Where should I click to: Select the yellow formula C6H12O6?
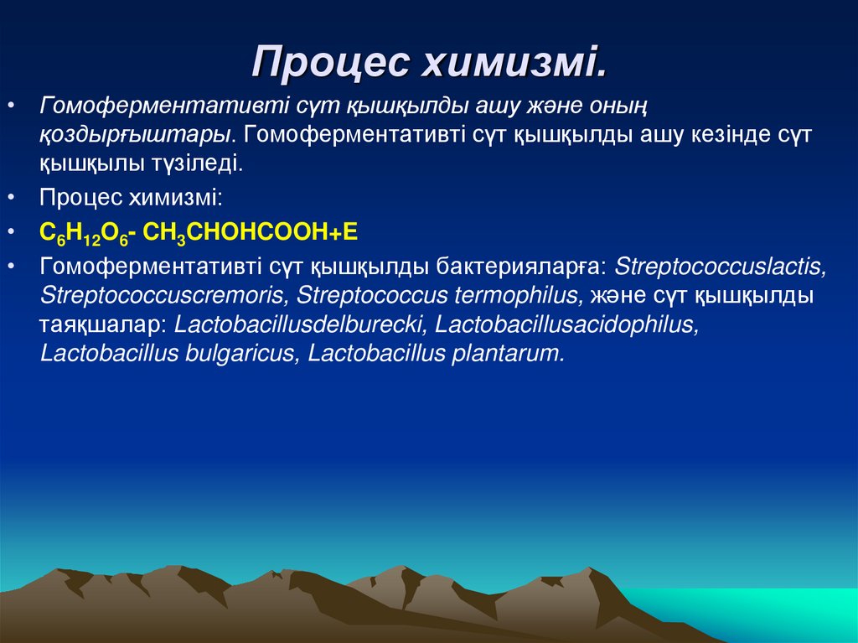[x=82, y=233]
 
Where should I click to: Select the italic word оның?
[x=621, y=106]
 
